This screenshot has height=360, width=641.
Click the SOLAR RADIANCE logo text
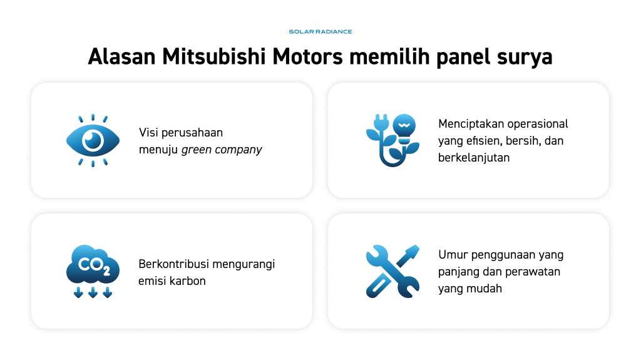(320, 31)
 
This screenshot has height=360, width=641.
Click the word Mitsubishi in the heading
(214, 56)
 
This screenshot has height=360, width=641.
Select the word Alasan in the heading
(122, 56)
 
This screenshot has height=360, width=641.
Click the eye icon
(93, 141)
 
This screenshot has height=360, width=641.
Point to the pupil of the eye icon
(93, 140)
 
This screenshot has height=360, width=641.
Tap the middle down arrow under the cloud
(93, 292)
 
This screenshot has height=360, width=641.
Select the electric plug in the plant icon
(381, 123)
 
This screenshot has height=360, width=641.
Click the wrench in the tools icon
(392, 271)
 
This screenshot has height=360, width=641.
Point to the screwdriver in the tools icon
(392, 271)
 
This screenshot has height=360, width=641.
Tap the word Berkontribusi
(174, 264)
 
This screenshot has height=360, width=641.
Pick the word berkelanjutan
(474, 158)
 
